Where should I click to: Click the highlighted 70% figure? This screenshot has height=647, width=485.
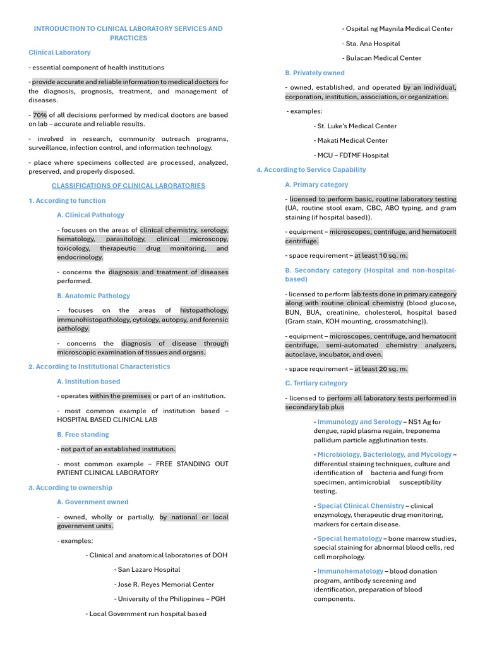(x=40, y=115)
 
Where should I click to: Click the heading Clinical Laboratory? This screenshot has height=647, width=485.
(x=59, y=52)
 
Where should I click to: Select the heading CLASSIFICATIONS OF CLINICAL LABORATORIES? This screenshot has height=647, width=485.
(x=128, y=186)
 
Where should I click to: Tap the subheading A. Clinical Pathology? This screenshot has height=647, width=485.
(x=90, y=215)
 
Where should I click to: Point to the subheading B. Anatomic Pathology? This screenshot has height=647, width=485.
(x=93, y=296)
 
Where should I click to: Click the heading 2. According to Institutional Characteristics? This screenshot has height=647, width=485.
(x=99, y=366)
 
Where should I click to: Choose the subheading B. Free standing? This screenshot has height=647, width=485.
(x=83, y=435)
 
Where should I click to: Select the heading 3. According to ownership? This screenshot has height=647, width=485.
(x=70, y=488)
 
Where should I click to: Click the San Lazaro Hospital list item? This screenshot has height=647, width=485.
(x=148, y=570)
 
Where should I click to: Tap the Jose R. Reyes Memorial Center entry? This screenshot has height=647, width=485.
(x=165, y=584)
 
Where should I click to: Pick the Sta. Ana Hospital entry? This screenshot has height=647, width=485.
(x=373, y=44)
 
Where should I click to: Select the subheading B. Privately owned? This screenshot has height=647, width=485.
(x=314, y=73)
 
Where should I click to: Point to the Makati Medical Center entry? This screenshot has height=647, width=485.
(x=352, y=140)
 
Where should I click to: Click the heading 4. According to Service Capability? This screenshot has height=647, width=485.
(x=311, y=170)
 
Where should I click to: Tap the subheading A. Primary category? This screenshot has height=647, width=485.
(x=316, y=184)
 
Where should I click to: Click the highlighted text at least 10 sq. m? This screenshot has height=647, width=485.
(x=381, y=256)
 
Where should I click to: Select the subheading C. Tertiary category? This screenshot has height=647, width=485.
(x=316, y=384)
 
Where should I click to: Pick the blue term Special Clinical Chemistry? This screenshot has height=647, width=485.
(x=361, y=506)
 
